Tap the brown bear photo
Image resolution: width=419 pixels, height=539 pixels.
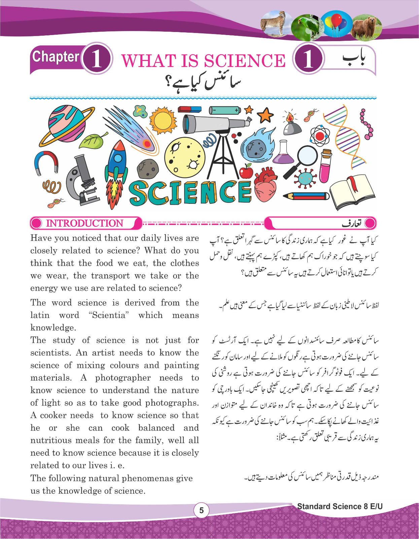(367, 27)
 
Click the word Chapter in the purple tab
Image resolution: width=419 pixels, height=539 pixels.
(56, 57)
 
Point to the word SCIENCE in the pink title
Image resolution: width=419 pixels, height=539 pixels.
(244, 61)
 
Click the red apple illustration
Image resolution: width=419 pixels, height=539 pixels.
(246, 171)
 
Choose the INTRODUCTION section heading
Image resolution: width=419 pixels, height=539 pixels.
(84, 223)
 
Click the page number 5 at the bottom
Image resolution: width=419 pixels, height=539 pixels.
(201, 510)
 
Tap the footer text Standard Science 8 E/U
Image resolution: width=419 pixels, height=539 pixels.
(340, 506)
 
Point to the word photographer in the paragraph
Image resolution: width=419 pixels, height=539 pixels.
(123, 378)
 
